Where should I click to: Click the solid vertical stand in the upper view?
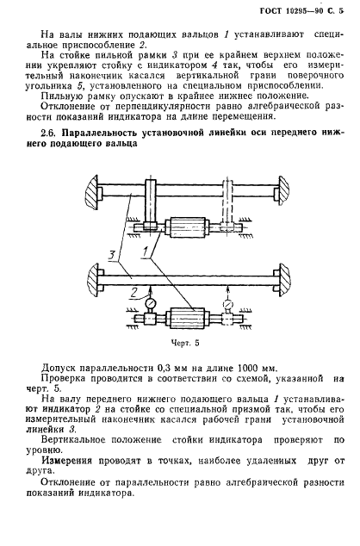(x=150, y=207)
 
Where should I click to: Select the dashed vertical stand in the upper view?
(x=229, y=207)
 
